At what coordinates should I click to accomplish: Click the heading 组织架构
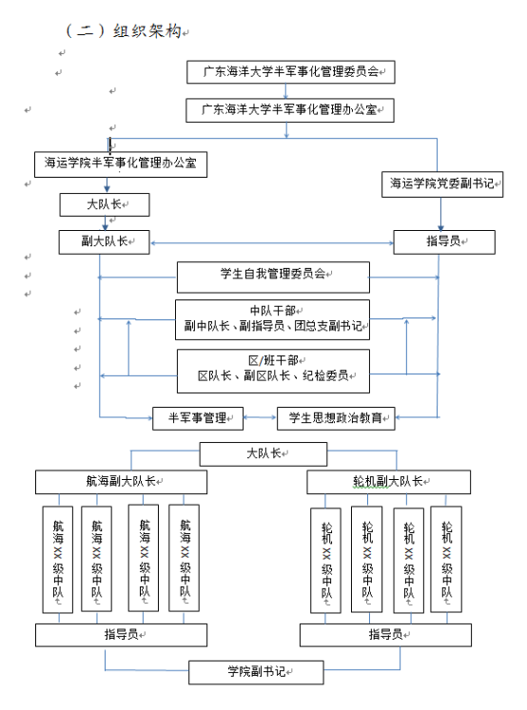(146, 30)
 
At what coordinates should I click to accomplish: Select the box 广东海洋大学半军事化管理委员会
(291, 72)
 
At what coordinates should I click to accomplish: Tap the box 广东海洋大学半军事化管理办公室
(290, 110)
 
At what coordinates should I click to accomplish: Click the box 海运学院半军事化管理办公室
(121, 163)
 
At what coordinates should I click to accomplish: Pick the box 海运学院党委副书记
(442, 183)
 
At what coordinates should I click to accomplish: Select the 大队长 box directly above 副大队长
(105, 204)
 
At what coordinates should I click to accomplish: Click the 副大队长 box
(105, 241)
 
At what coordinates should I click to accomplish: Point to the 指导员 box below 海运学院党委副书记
(444, 241)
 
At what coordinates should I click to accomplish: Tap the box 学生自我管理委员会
(273, 278)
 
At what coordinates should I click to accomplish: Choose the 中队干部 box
(272, 319)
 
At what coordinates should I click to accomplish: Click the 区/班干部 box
(273, 371)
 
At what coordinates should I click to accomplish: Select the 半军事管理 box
(198, 418)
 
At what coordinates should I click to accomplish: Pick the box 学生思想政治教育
(336, 418)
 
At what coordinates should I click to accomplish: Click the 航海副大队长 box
(121, 482)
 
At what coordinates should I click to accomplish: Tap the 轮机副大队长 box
(388, 482)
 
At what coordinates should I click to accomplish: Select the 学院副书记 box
(256, 672)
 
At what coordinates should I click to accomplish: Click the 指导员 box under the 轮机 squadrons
(385, 635)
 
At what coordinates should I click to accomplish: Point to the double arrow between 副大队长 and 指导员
(272, 243)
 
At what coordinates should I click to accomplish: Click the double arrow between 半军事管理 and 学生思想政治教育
(260, 417)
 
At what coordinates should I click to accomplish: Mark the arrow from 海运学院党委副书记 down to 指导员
(440, 214)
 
